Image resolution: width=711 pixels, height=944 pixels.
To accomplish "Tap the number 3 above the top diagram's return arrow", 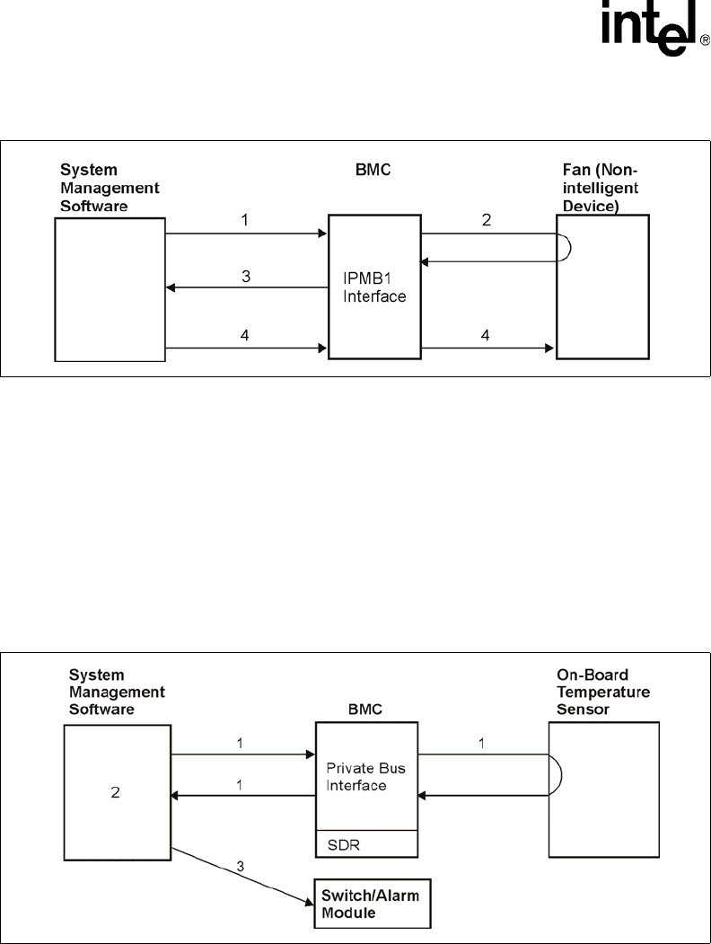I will (x=245, y=277).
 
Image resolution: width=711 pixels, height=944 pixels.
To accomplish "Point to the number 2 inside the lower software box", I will (x=117, y=792).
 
